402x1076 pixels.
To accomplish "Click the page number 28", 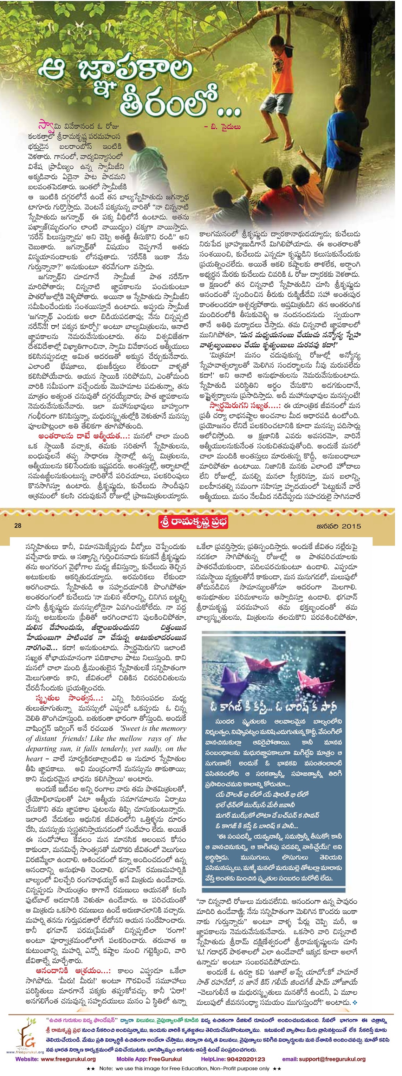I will (18, 526).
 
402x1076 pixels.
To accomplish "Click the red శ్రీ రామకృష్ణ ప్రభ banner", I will (194, 523).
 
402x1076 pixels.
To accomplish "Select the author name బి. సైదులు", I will (225, 127).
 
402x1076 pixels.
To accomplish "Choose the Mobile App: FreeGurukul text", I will (149, 1059).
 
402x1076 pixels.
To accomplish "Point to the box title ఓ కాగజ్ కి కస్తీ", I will (236, 708).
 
